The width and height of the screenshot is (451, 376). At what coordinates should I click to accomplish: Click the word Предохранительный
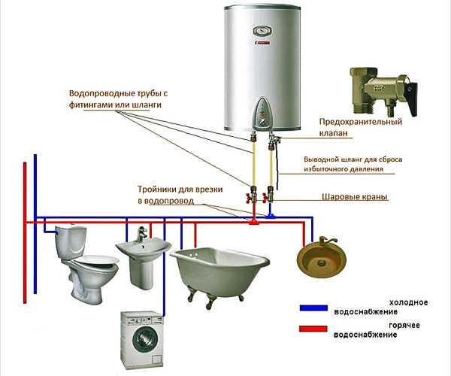click(360, 121)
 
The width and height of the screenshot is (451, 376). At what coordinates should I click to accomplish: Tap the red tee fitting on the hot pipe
click(255, 222)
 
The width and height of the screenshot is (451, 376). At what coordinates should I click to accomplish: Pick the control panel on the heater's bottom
click(262, 113)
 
